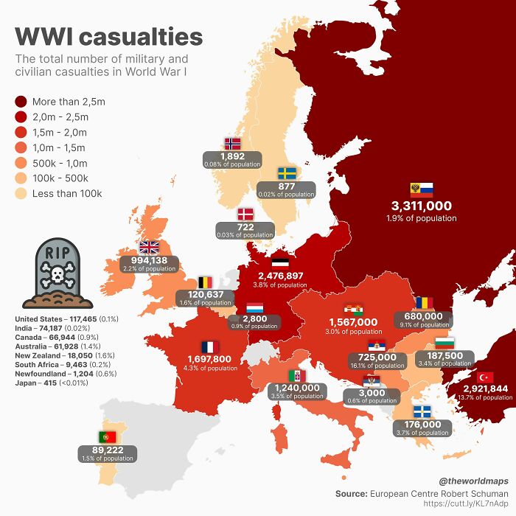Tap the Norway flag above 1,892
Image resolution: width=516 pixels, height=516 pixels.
tap(232, 144)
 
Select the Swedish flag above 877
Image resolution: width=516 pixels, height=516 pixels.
tap(286, 174)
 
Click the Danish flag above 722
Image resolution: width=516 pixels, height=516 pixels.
tap(244, 215)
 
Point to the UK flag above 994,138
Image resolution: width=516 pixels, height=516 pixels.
tap(149, 248)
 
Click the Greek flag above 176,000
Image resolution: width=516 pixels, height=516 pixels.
tap(422, 411)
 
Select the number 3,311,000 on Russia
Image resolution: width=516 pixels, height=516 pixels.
tap(421, 206)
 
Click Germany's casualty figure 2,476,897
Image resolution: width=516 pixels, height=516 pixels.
tap(280, 275)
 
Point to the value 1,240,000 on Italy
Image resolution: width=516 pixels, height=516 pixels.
tap(297, 387)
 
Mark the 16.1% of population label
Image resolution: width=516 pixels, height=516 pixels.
tap(377, 365)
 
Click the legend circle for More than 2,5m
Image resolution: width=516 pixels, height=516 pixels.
tap(21, 102)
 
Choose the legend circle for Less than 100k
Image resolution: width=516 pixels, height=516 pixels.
tap(21, 194)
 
